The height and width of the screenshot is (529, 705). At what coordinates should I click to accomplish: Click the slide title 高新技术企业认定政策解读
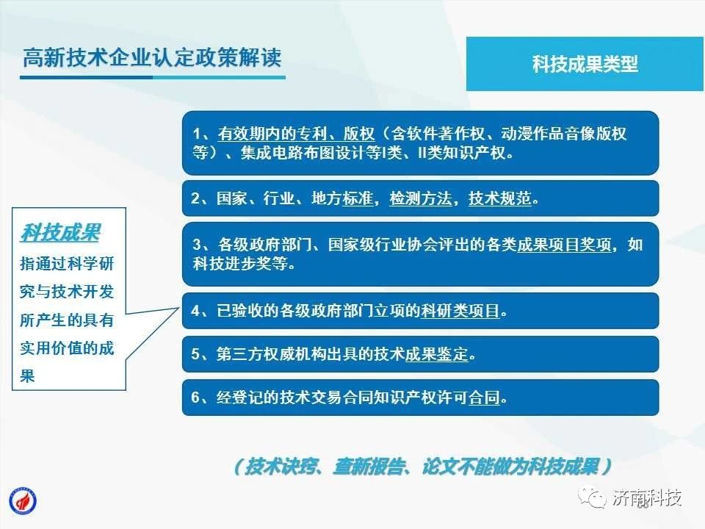[x=152, y=57]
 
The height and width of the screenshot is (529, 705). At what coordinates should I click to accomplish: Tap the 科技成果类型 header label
[x=585, y=64]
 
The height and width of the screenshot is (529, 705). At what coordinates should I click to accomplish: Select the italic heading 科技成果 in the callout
[x=60, y=233]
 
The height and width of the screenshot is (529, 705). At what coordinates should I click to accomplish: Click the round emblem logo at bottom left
[x=23, y=501]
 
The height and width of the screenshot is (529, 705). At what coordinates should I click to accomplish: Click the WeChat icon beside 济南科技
[x=592, y=497]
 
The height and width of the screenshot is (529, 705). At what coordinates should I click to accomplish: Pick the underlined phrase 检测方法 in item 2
[x=421, y=198]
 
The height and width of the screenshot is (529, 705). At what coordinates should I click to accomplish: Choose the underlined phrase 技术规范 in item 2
[x=499, y=198]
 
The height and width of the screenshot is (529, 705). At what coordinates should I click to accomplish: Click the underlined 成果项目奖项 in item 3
[x=564, y=245]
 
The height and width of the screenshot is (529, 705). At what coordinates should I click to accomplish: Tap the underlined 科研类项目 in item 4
[x=460, y=310]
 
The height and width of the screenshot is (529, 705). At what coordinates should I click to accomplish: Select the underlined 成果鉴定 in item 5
[x=436, y=354]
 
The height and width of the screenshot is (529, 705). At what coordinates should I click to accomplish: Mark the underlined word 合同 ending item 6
[x=484, y=397]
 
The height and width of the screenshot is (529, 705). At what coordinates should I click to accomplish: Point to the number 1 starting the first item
[x=197, y=134]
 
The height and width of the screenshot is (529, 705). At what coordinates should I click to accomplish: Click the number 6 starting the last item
[x=195, y=397]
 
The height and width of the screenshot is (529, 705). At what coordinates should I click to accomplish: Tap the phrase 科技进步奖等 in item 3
[x=240, y=264]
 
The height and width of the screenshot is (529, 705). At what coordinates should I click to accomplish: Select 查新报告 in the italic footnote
[x=368, y=467]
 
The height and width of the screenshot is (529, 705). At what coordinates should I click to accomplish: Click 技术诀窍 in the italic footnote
[x=281, y=467]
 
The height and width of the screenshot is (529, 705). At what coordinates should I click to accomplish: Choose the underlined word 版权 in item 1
[x=359, y=134]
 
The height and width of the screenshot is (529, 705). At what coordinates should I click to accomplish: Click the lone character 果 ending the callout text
[x=27, y=375]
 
